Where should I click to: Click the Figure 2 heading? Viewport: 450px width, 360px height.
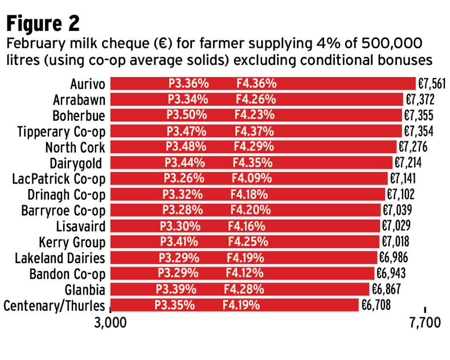click(43, 23)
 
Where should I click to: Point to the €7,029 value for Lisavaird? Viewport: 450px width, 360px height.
click(396, 226)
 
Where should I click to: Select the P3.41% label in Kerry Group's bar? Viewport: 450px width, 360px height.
click(181, 241)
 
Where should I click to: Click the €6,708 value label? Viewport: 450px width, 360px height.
click(376, 304)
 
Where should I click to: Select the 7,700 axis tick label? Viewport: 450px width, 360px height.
click(425, 325)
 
